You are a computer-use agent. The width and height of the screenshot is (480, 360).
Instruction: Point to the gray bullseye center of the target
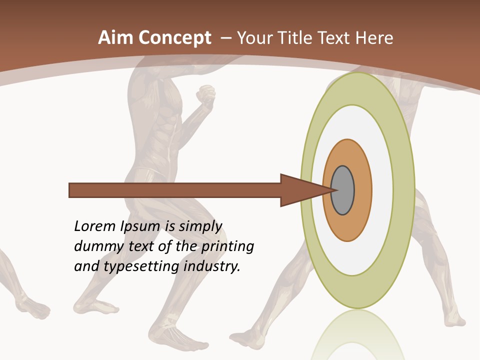click(x=343, y=190)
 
